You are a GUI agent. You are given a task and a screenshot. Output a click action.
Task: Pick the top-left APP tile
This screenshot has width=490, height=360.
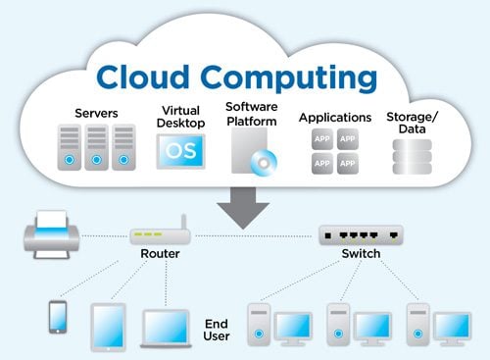322,140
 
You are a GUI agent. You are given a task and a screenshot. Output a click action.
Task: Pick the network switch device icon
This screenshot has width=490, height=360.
360,235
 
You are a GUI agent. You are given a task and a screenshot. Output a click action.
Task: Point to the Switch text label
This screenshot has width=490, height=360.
359,262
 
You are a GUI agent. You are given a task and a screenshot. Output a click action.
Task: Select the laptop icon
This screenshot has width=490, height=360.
168,327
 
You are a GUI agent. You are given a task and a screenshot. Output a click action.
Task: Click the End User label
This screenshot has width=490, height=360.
217,328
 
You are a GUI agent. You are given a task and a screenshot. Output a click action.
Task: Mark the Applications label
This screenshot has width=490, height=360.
335,117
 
